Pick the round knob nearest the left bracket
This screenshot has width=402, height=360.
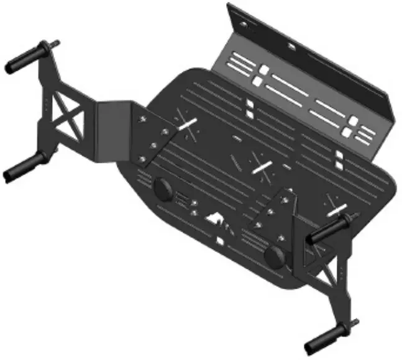click(x=164, y=187)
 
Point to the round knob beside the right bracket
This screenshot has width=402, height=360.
click(x=273, y=255)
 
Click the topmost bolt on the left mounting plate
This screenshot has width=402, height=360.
click(x=144, y=115)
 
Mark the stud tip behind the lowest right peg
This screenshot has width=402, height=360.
click(x=355, y=323)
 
